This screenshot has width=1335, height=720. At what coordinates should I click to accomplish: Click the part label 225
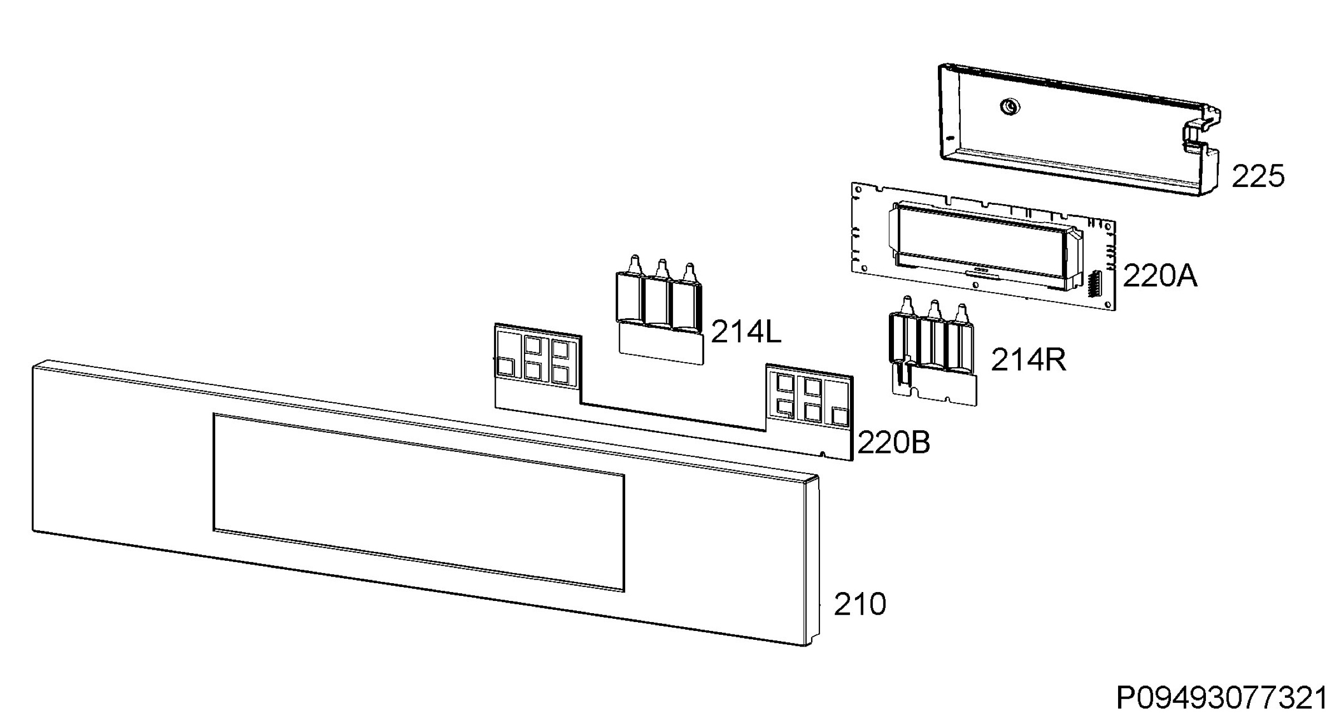tap(1258, 176)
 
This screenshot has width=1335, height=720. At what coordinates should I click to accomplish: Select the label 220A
tap(1160, 275)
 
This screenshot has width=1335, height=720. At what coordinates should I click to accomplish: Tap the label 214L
tap(746, 332)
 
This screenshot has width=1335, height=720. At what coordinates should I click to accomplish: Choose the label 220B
tap(894, 443)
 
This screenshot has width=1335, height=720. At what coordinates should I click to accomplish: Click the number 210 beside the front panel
tap(860, 604)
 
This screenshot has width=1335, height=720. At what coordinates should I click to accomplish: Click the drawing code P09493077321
tap(1222, 698)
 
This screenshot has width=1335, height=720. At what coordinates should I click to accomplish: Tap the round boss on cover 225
tap(1009, 106)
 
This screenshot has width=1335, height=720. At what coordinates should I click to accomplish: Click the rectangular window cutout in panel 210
tap(419, 502)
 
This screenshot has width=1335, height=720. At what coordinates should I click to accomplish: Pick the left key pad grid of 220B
tap(537, 356)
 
